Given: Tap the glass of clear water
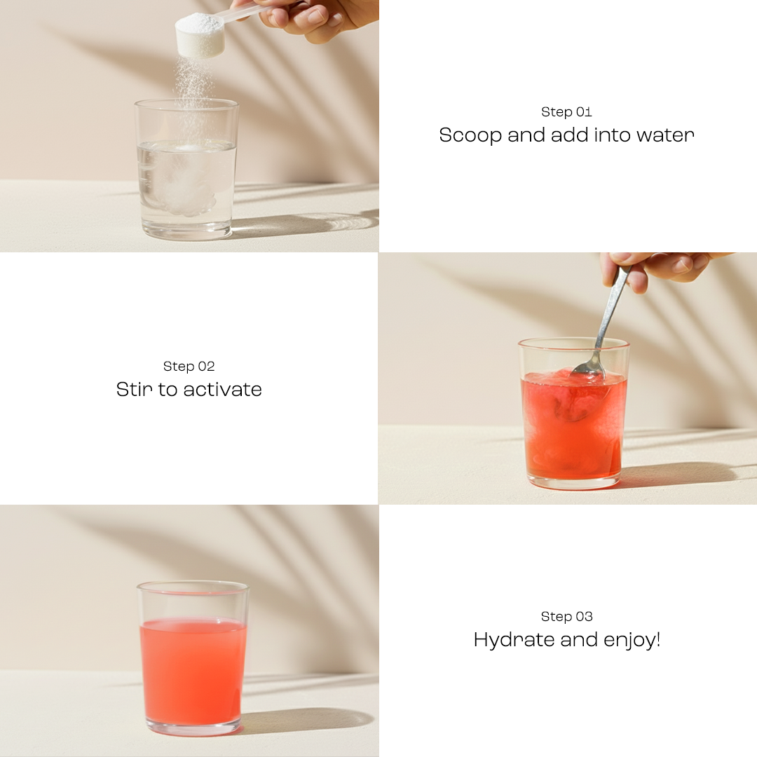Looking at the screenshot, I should (186, 189).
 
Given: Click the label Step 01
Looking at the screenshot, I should (566, 111).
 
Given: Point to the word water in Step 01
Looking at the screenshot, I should (664, 135).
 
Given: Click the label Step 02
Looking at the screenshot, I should (189, 366).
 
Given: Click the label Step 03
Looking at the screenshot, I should (566, 616).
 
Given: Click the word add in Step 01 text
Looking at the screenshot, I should (570, 135).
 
